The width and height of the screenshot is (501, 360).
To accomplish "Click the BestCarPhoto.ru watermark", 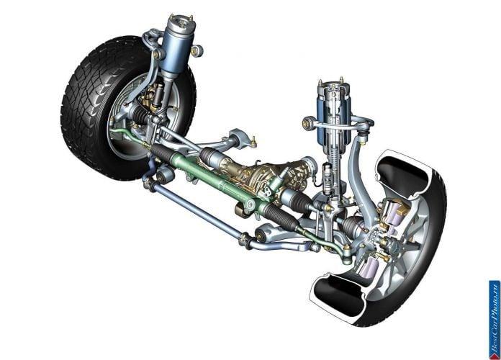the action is click(x=495, y=320).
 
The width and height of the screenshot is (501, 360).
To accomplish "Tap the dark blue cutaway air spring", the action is click(x=333, y=115).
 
